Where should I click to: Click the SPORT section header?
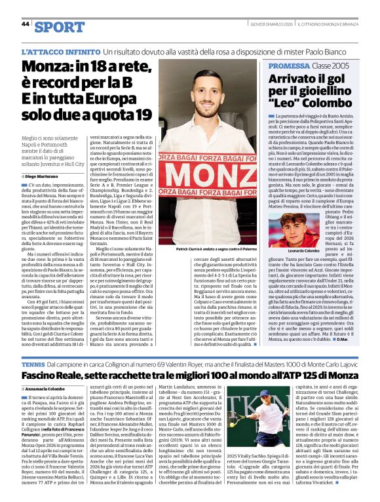(60, 26)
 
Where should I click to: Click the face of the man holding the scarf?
(197, 85)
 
